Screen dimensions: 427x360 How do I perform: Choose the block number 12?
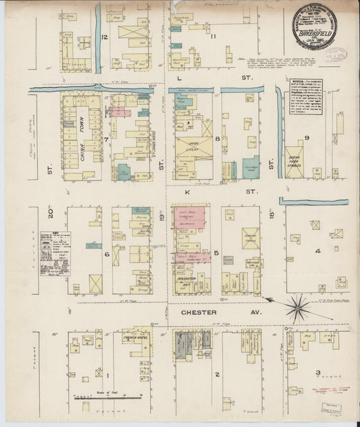click(x=104, y=36)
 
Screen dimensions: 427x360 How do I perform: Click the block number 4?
click(x=318, y=252)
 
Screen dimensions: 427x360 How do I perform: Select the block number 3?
click(x=318, y=372)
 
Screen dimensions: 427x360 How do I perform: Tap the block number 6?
click(x=107, y=253)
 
